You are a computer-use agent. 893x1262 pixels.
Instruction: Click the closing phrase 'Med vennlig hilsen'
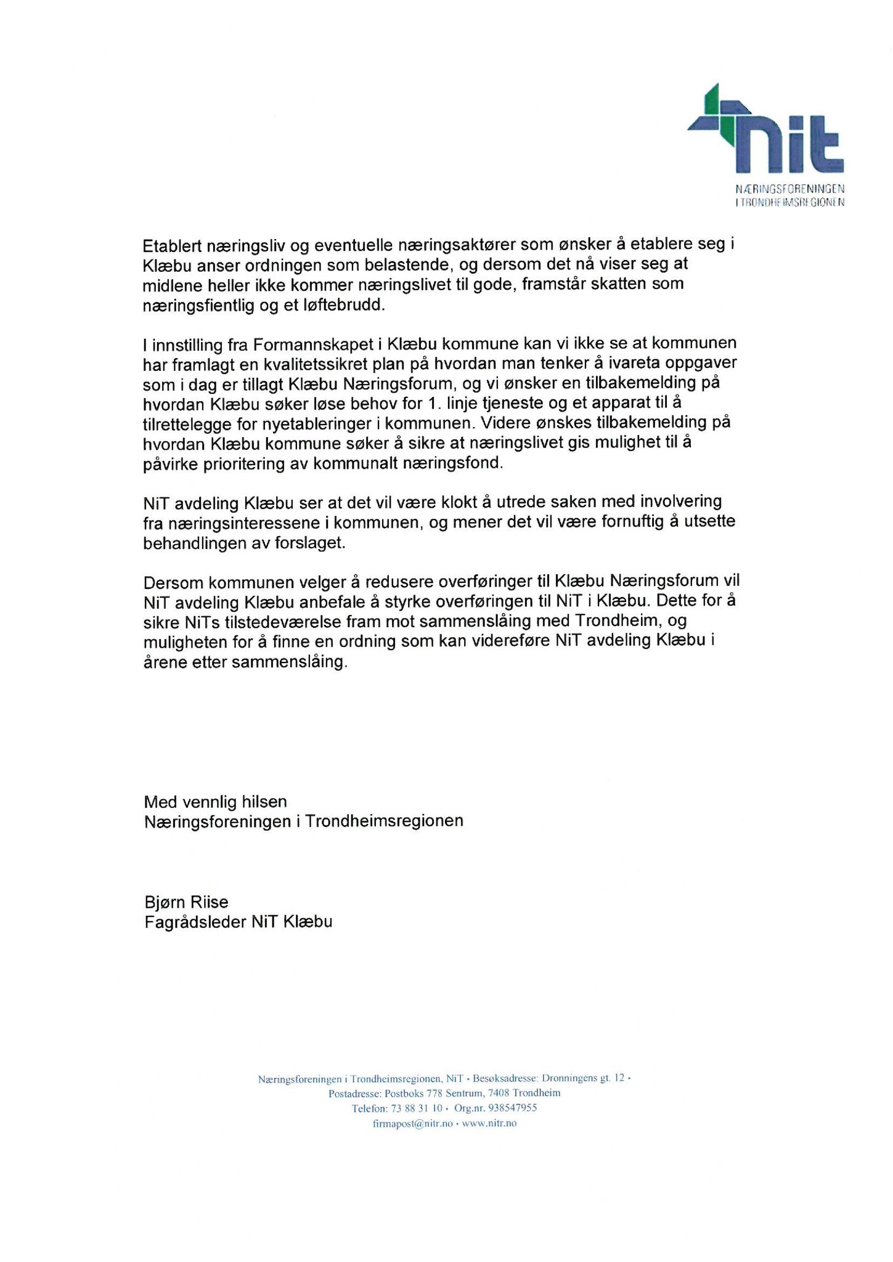coord(215,802)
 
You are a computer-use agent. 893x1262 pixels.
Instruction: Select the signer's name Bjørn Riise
coord(186,902)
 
